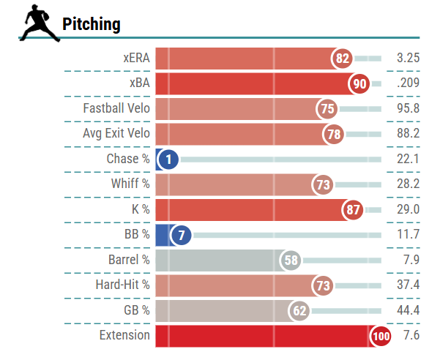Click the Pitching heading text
(x=92, y=24)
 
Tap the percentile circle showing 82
(x=342, y=58)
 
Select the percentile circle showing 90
(x=359, y=83)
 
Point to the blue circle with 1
(x=168, y=160)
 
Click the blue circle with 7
(x=180, y=235)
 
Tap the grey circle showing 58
(x=290, y=260)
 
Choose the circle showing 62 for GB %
(x=299, y=311)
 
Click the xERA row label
(x=136, y=58)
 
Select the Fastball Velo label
(x=116, y=108)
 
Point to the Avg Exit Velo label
(x=116, y=134)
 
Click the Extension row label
(x=124, y=336)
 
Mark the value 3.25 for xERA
(x=407, y=58)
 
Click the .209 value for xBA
(x=407, y=83)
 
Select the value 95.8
(x=407, y=108)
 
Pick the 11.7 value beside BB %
(x=407, y=235)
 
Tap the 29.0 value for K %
(x=407, y=209)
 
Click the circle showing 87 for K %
(x=354, y=210)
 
